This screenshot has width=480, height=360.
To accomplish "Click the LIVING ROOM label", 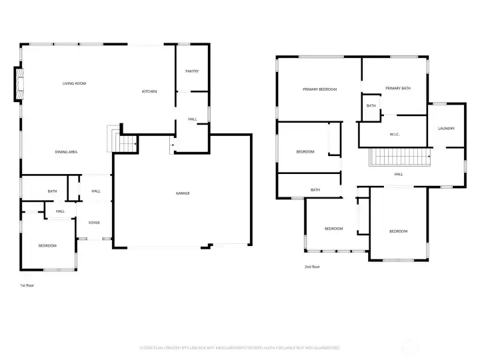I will [x=74, y=83].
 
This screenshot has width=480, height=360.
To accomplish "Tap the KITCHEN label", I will [x=149, y=91].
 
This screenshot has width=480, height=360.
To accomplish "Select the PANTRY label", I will [x=192, y=71].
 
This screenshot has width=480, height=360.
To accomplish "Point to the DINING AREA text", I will [x=66, y=152].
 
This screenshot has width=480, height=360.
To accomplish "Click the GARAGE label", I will [x=183, y=193].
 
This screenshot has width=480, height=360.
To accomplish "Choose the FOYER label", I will [x=94, y=223].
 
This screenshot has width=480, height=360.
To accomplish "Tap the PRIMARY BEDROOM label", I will [x=319, y=89].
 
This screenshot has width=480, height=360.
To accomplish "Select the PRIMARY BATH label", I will [x=397, y=89].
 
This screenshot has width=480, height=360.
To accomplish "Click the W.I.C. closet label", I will [x=394, y=135].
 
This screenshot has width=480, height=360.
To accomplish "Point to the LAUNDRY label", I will [x=446, y=129].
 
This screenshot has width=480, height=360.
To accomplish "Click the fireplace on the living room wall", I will [x=19, y=84].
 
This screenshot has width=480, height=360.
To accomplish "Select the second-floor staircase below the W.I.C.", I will [x=401, y=158].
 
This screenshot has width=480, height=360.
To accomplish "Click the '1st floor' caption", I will [x=27, y=285].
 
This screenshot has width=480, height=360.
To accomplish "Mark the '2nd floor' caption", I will [x=311, y=267].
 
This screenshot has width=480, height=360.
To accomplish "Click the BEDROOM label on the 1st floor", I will [x=47, y=246].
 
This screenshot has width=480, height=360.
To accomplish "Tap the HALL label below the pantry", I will [x=192, y=119].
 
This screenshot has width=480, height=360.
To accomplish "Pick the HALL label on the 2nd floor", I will [x=398, y=175].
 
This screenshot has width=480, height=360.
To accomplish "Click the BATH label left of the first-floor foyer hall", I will [x=52, y=192].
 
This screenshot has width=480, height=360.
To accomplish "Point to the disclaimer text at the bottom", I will [x=239, y=348].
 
